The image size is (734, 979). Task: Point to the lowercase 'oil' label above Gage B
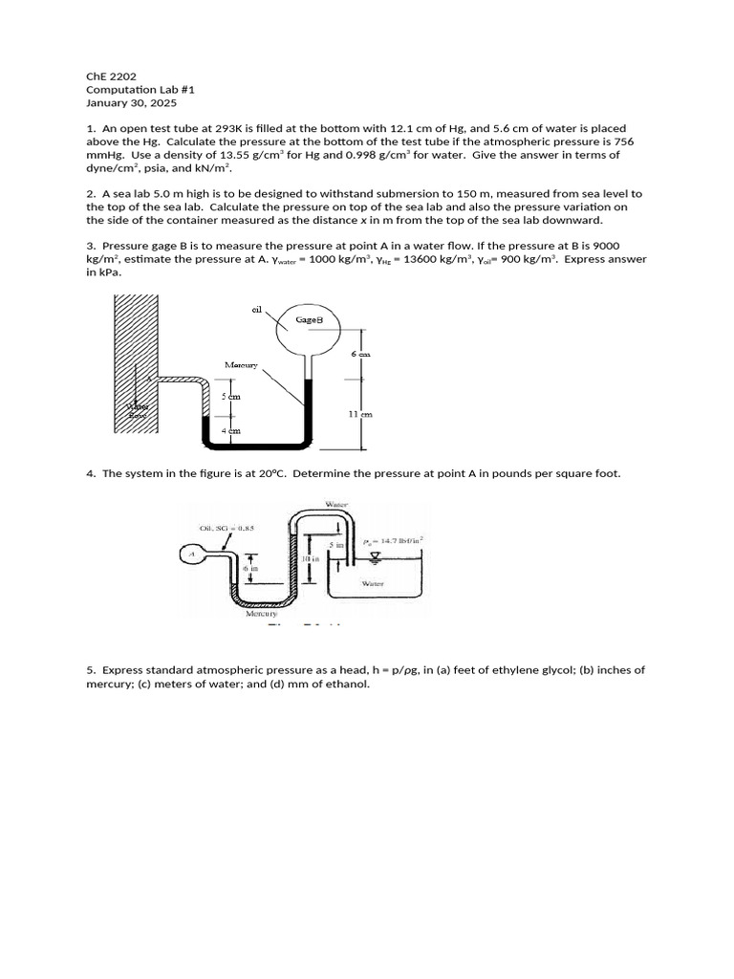click(257, 309)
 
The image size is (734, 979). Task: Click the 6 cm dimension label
click(359, 354)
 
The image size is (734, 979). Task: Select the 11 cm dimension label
click(360, 414)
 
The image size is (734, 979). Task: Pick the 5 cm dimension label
click(230, 396)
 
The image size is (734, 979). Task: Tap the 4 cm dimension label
click(230, 431)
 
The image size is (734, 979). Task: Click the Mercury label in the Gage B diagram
click(243, 365)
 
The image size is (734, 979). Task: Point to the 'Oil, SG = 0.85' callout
click(221, 527)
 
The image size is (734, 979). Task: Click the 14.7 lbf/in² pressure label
click(395, 540)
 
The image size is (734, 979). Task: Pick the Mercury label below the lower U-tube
click(261, 614)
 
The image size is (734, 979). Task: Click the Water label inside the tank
click(373, 582)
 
